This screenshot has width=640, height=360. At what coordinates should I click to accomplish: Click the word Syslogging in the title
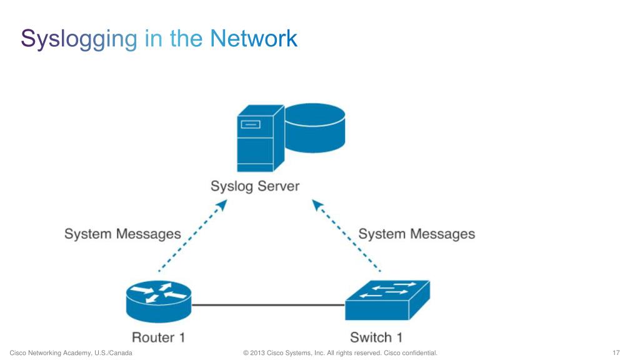pos(79,39)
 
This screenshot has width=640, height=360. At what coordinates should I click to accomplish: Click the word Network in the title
pos(254,39)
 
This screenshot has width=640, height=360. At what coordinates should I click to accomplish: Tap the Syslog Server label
pos(255,186)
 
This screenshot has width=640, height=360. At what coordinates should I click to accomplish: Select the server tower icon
pos(255,141)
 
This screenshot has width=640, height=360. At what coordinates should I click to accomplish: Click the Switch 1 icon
pos(387,299)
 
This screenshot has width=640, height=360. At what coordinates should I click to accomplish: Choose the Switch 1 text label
pos(376,337)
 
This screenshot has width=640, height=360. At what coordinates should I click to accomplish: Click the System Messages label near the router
pos(122,234)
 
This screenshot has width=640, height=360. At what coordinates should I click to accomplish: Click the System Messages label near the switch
pos(416,234)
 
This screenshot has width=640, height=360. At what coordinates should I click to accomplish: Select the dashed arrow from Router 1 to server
pos(191,237)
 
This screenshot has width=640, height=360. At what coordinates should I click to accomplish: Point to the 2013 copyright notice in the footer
pos(340,353)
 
